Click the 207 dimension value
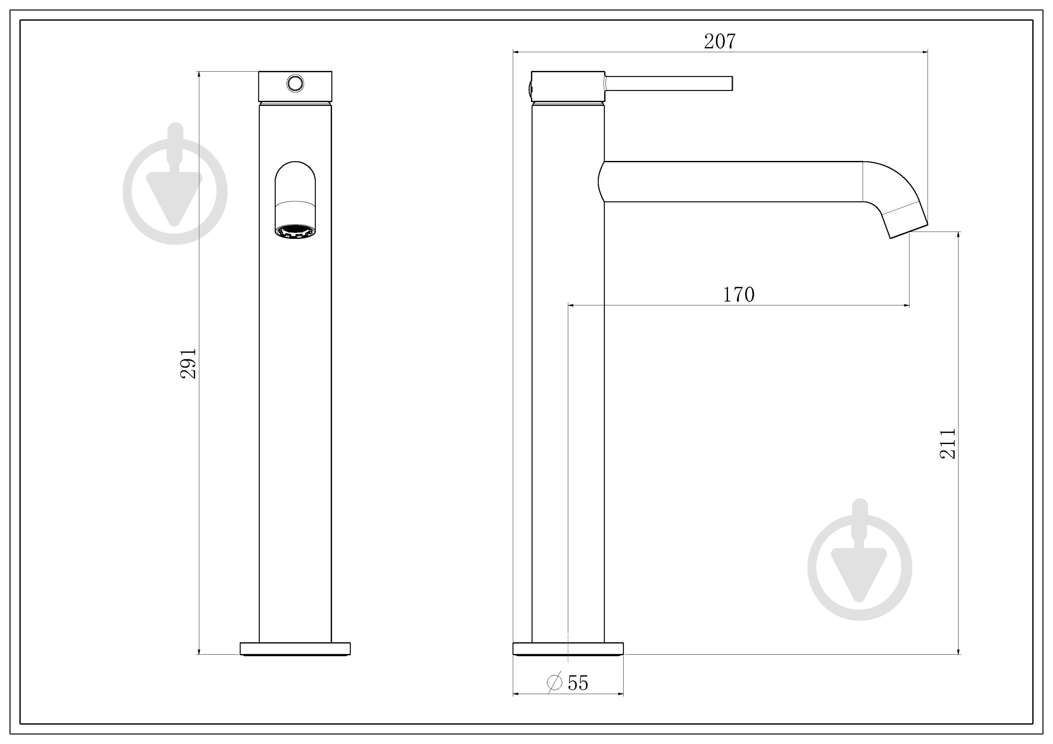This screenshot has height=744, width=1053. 720,41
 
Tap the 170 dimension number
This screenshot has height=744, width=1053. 739,295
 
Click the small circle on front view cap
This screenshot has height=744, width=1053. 295,83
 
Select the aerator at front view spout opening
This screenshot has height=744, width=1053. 295,232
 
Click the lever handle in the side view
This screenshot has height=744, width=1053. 669,83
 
